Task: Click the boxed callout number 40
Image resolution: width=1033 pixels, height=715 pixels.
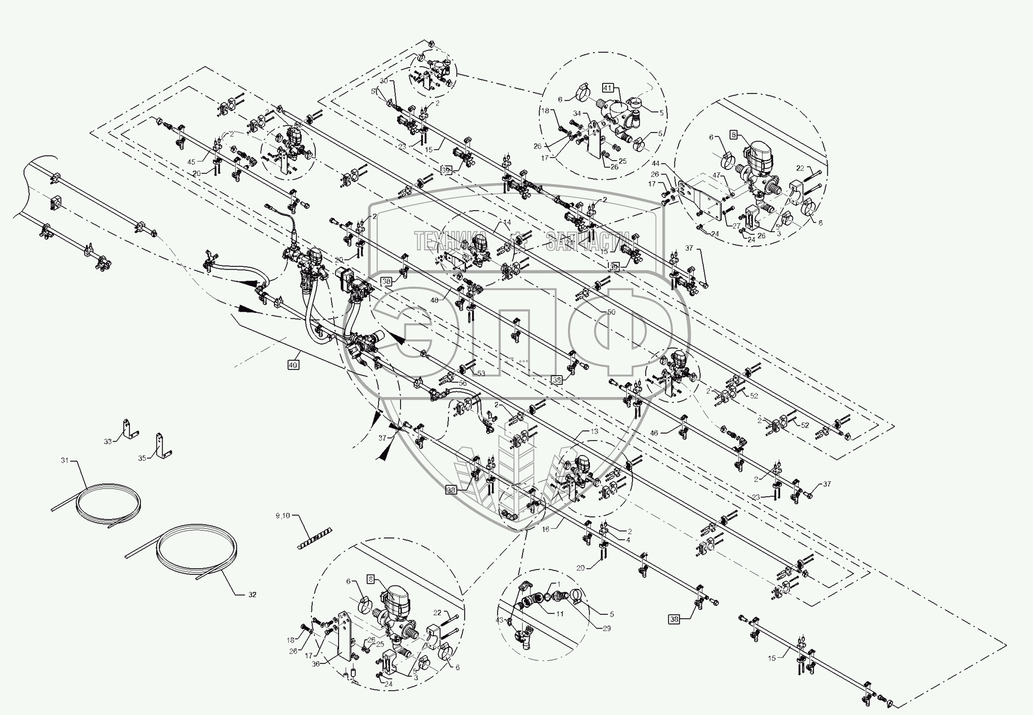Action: point(293,365)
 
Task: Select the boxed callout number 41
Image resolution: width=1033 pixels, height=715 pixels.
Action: point(607,88)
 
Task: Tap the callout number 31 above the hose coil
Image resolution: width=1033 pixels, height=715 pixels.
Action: point(65,460)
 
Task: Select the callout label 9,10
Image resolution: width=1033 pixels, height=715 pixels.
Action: point(282,516)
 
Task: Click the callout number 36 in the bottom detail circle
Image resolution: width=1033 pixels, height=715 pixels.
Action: point(316,664)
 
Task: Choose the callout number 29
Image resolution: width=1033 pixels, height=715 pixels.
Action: point(606,629)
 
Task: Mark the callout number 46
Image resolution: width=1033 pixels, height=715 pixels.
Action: point(654,433)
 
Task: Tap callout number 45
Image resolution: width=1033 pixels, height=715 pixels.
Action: point(191,162)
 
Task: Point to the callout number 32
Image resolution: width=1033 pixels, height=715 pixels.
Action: point(252,594)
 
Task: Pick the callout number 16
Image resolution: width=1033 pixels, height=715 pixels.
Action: point(546,529)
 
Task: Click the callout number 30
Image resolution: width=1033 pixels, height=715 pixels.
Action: point(384,81)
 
